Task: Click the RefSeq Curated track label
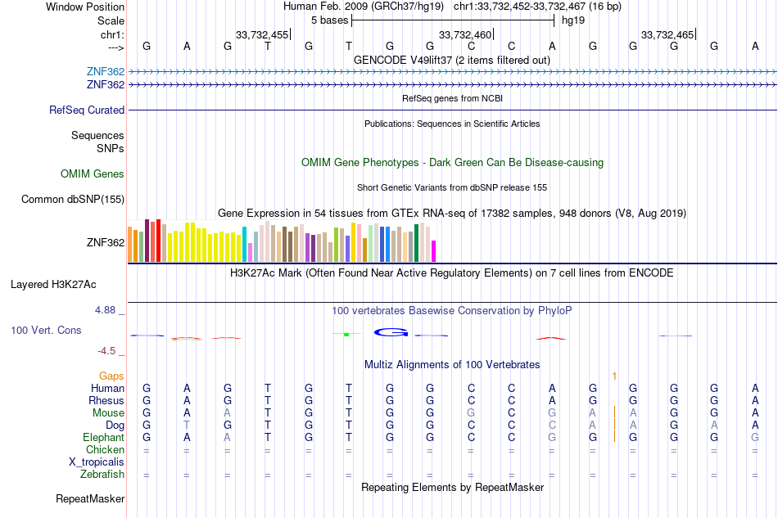(x=87, y=110)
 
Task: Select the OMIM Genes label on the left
(x=93, y=173)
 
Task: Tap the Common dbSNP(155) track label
(x=73, y=199)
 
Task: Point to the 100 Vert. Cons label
(x=46, y=330)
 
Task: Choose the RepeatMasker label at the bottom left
(x=90, y=498)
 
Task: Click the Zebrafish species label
(x=102, y=474)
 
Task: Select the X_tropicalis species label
(x=97, y=462)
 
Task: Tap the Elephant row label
(x=104, y=437)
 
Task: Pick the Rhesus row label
(x=106, y=400)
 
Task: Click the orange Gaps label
(x=111, y=376)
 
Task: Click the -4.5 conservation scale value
(x=107, y=351)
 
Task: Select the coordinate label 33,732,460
(x=465, y=34)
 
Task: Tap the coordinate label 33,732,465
(x=667, y=34)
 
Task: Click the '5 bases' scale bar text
(x=329, y=20)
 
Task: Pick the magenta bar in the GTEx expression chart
(x=434, y=251)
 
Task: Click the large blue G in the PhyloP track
(x=391, y=332)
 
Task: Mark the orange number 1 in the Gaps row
(x=613, y=376)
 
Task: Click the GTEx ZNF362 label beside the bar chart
(x=106, y=242)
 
